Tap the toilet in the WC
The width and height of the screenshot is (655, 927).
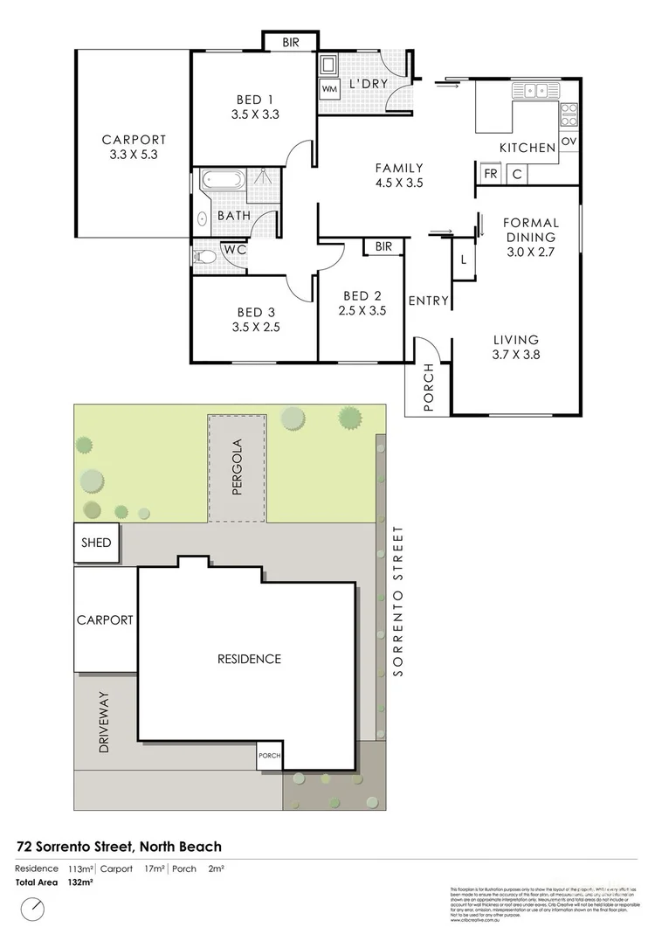pos(203,257)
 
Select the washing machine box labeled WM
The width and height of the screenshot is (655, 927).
pos(329,89)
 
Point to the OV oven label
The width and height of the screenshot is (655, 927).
pos(569,142)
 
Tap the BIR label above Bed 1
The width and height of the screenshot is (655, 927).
pos(288,42)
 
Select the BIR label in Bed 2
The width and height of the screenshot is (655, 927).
pos(383,247)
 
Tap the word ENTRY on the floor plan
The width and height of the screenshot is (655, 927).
pos(429,301)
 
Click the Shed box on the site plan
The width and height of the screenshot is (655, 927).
pos(96,543)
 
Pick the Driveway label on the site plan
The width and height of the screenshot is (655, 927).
pos(104,723)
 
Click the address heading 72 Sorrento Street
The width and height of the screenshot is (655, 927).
pos(119,847)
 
